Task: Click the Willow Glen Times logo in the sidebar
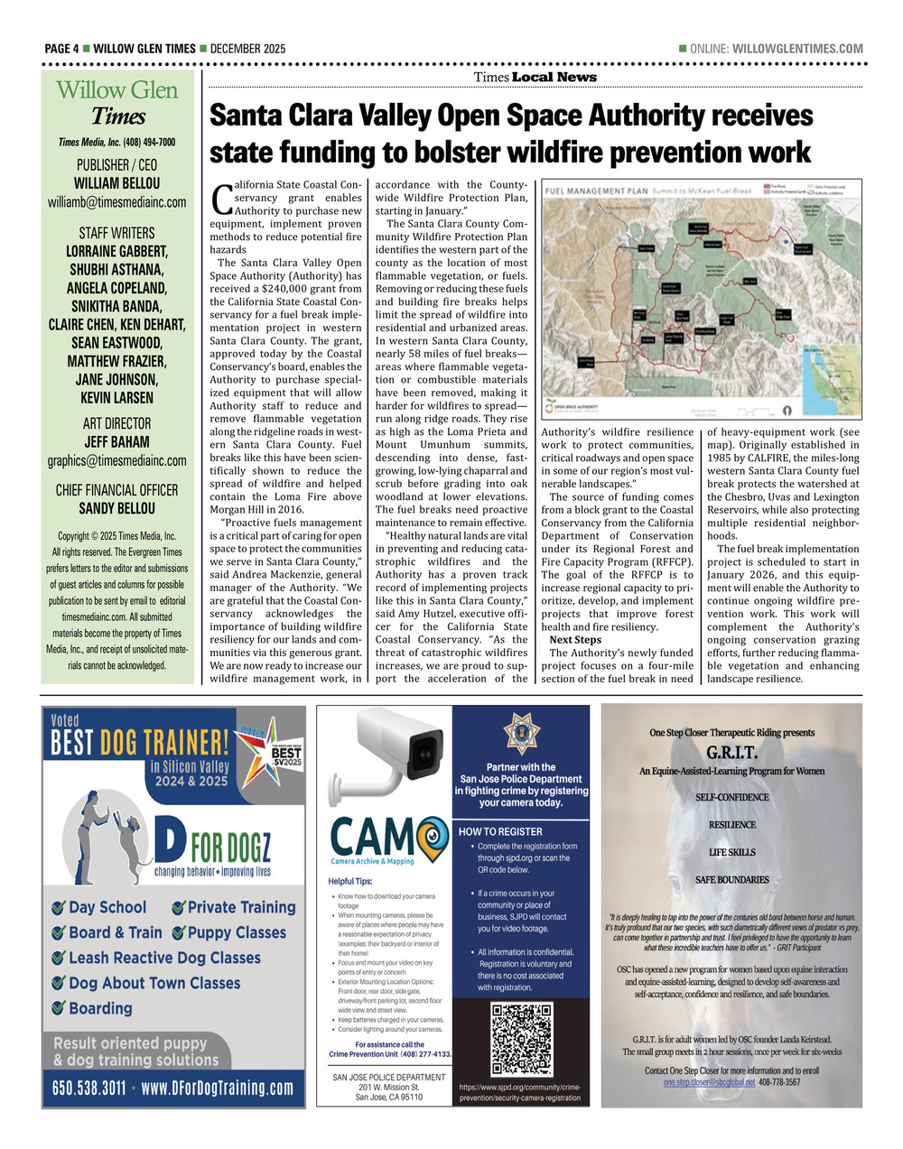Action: point(117,103)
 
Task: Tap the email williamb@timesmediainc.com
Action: point(117,202)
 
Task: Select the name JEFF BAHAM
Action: point(117,441)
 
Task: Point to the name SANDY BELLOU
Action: point(117,508)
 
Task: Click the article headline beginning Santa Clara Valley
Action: point(511,134)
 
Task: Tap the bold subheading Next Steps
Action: point(575,640)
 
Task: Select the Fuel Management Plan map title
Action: point(611,191)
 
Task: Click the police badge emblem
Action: point(521,733)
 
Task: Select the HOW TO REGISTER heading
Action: point(501,831)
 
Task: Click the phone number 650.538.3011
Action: point(88,1088)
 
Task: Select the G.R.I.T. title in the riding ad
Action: point(731,753)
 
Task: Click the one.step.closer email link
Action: point(709,1082)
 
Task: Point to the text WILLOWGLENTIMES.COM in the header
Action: point(797,49)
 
